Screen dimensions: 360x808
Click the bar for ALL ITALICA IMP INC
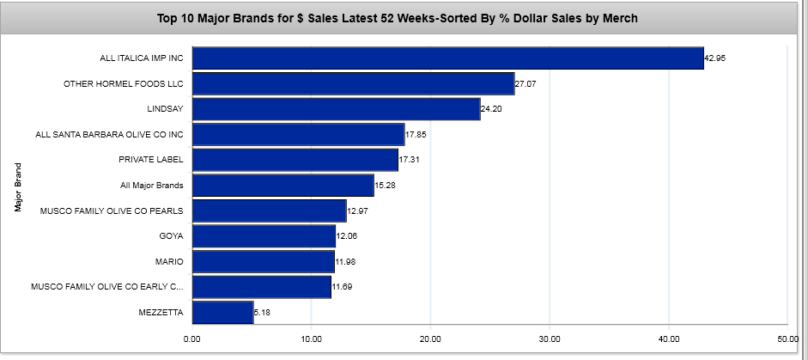447,58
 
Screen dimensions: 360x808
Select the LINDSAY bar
336,109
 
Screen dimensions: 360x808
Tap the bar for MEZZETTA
222,313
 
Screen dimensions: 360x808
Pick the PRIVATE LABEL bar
295,160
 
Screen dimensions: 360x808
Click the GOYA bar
264,236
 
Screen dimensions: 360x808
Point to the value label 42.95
714,58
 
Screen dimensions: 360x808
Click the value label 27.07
525,83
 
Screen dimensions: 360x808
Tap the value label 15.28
385,186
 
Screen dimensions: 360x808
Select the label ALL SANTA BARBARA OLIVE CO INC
109,135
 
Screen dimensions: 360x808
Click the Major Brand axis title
18,186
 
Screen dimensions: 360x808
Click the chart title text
398,18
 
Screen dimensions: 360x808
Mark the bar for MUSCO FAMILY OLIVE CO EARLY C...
262,287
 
